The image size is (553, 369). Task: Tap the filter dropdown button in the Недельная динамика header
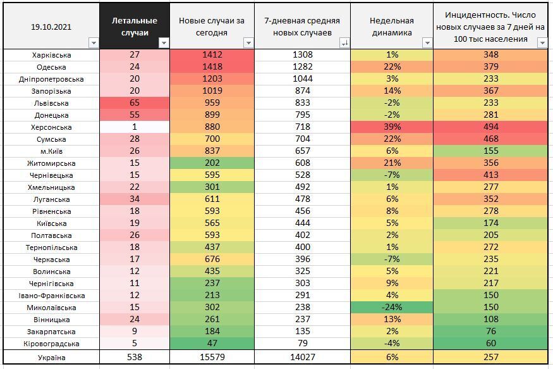[427, 43]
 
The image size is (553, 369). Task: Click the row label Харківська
[52, 55]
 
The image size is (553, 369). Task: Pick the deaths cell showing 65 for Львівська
[134, 103]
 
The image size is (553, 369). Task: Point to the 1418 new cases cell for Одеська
[212, 67]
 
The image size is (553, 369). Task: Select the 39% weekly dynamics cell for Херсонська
[391, 127]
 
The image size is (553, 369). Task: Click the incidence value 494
[490, 127]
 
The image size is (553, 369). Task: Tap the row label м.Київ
[52, 151]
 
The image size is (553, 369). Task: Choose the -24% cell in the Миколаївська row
[391, 308]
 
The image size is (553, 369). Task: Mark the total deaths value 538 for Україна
[134, 358]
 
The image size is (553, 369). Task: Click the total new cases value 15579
[212, 358]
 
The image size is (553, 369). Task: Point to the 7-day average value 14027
[302, 358]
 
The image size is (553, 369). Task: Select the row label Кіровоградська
[52, 344]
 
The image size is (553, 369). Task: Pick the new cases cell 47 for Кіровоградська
[212, 344]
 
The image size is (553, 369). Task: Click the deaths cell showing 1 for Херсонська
[134, 127]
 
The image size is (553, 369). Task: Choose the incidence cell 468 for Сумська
[490, 139]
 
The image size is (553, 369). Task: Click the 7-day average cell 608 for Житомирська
[302, 163]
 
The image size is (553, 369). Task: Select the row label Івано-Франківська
[52, 296]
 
